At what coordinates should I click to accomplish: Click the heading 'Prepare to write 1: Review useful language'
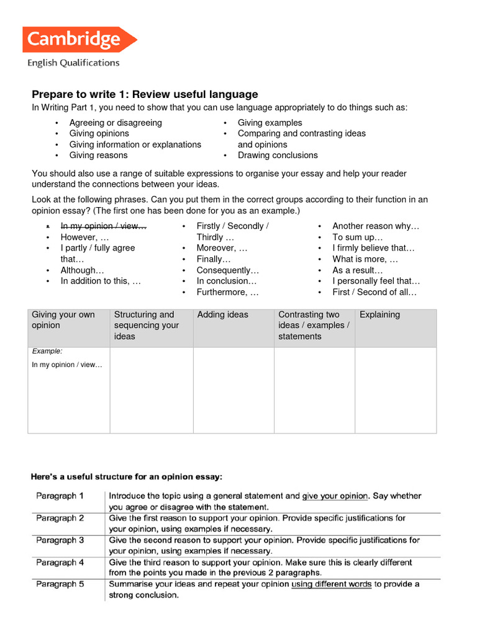pyautogui.click(x=145, y=94)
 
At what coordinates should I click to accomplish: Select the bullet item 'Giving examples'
pyautogui.click(x=270, y=123)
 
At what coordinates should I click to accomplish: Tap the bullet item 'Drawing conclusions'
pyautogui.click(x=278, y=155)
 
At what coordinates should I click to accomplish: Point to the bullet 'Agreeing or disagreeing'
pyautogui.click(x=116, y=123)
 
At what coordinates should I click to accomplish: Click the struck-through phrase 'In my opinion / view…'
pyautogui.click(x=103, y=226)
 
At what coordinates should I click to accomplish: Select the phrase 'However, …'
pyautogui.click(x=84, y=237)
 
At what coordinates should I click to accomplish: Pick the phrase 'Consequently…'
pyautogui.click(x=227, y=270)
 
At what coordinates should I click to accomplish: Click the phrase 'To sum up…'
pyautogui.click(x=358, y=237)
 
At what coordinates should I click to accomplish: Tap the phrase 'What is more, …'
pyautogui.click(x=365, y=259)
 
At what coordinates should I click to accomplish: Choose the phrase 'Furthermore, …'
pyautogui.click(x=227, y=292)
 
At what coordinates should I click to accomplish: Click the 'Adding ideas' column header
pyautogui.click(x=222, y=315)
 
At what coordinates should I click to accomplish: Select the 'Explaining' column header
pyautogui.click(x=379, y=315)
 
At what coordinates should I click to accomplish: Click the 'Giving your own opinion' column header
pyautogui.click(x=63, y=320)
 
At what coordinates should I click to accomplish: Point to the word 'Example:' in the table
pyautogui.click(x=47, y=352)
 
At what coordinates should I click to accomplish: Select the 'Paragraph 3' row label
pyautogui.click(x=60, y=540)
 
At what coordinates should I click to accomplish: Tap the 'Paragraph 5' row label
pyautogui.click(x=60, y=584)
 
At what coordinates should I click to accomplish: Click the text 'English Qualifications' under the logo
pyautogui.click(x=73, y=63)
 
